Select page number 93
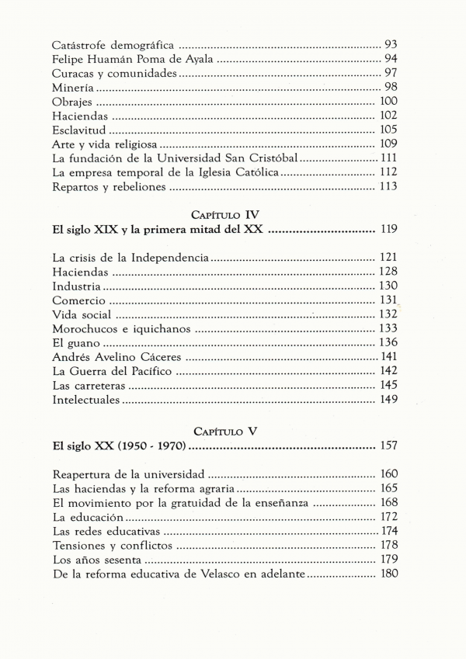(391, 44)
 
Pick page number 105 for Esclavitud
(388, 130)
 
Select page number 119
(388, 231)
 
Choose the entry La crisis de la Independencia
(130, 258)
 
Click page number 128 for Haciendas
(388, 271)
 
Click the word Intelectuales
(86, 401)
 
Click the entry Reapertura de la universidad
(128, 473)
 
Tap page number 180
(388, 574)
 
